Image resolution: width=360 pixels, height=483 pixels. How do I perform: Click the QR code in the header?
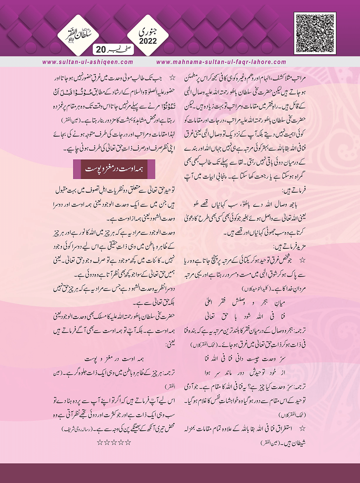tap(315, 33)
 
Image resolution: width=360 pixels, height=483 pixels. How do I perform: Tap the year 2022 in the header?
tap(148, 41)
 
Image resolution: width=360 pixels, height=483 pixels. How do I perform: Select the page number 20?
tap(101, 49)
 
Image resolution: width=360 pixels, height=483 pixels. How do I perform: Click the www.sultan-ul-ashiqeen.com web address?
tap(88, 62)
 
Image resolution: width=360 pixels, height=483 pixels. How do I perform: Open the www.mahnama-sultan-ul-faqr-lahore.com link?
tap(221, 62)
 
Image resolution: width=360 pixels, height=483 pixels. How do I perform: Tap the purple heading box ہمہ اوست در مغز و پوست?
tap(114, 169)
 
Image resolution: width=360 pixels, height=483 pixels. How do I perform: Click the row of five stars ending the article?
tap(114, 442)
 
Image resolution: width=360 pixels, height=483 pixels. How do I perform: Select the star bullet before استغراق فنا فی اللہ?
tap(302, 429)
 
